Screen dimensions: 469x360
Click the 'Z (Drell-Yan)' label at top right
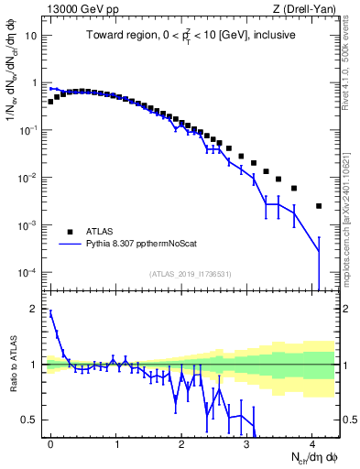[306, 9]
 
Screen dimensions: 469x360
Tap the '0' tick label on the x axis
[50, 444]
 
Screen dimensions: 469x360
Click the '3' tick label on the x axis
[248, 444]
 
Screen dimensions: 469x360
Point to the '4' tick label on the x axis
[314, 444]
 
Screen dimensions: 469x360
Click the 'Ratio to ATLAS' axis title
[12, 365]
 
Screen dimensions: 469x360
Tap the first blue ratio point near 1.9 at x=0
[50, 312]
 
